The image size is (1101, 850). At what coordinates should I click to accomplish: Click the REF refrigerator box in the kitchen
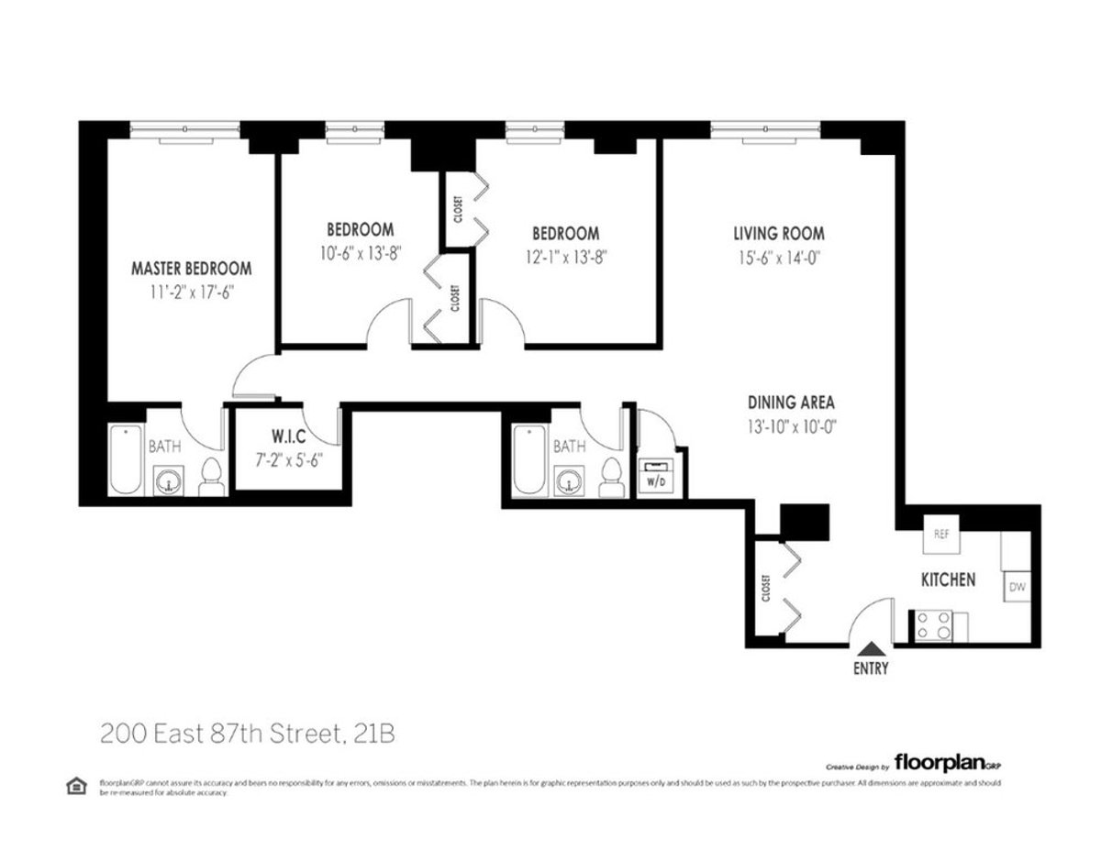coord(940,535)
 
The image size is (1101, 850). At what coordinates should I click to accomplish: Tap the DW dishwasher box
coord(1016,586)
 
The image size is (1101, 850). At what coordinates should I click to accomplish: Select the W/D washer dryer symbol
coord(656,478)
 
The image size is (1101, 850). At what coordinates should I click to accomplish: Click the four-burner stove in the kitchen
coord(931,626)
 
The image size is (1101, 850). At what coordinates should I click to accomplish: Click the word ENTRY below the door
coord(870,668)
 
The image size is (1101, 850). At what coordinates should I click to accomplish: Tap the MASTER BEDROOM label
coord(191,269)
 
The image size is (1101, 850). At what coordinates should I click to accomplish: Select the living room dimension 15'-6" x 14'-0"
coord(778,258)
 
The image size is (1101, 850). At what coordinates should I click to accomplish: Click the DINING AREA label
coord(790,402)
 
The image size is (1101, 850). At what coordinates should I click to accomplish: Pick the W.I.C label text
coord(288,434)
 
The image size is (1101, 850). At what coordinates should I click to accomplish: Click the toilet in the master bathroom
coord(211,476)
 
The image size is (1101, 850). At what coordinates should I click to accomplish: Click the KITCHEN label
coord(948,580)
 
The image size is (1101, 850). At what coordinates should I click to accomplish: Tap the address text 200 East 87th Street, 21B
coord(248,734)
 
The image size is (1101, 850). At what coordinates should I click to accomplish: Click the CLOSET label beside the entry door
coord(766,589)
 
